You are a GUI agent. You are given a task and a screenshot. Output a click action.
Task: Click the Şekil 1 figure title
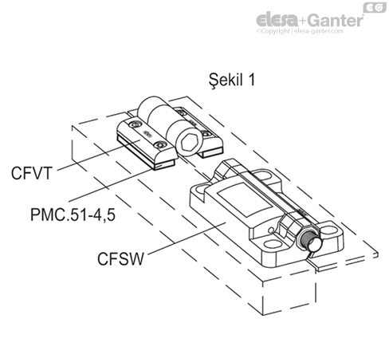coord(232,80)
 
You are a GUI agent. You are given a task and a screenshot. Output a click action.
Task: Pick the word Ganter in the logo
coord(329,18)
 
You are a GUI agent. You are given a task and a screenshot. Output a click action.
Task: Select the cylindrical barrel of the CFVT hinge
coord(163,116)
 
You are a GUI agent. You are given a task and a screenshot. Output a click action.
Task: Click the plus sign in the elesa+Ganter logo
coord(301,18)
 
